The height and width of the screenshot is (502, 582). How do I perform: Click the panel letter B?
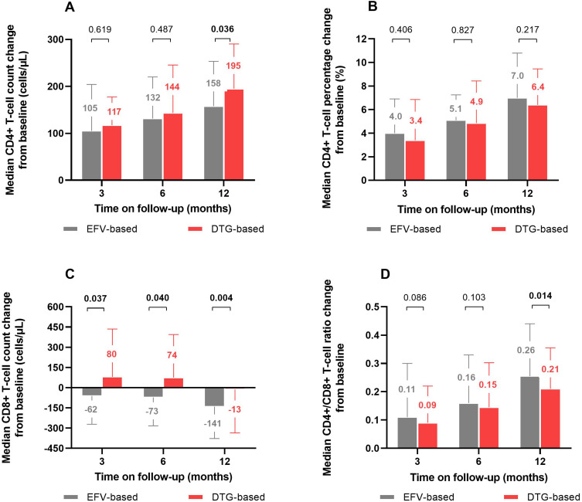tap(351, 8)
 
